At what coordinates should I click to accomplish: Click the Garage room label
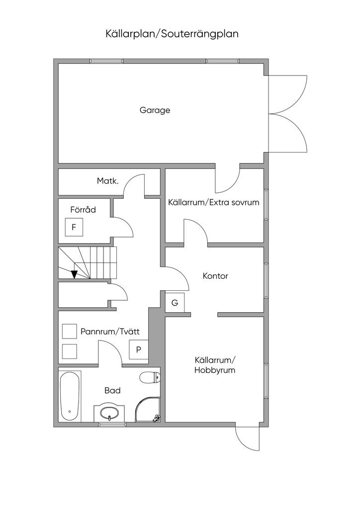click(155, 110)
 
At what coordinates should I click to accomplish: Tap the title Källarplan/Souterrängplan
click(172, 34)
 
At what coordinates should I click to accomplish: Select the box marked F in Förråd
click(74, 228)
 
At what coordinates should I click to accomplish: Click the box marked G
click(175, 303)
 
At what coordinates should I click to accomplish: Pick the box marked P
click(139, 349)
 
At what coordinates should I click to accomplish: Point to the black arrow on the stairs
click(74, 274)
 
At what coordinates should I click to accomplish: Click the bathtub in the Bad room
click(70, 396)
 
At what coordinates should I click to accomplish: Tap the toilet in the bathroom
click(149, 377)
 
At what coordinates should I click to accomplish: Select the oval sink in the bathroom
click(109, 412)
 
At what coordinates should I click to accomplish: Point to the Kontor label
click(215, 276)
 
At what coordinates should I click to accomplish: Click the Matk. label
click(107, 181)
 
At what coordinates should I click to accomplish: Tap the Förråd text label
click(83, 210)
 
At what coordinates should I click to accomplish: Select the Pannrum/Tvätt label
click(110, 332)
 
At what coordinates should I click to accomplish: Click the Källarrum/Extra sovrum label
click(213, 202)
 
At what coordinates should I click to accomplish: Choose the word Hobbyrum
click(215, 370)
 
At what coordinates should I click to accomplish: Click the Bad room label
click(112, 391)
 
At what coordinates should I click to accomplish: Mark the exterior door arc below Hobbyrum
click(247, 439)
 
